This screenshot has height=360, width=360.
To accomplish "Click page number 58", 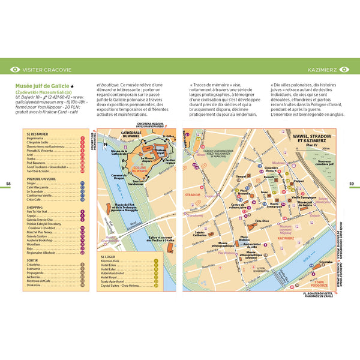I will click(x=8, y=183).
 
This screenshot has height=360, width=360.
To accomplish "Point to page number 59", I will click(x=352, y=183).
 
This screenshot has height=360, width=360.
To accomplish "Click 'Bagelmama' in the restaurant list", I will click(x=35, y=139).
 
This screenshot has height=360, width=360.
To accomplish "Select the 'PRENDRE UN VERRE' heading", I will click(x=42, y=179).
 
